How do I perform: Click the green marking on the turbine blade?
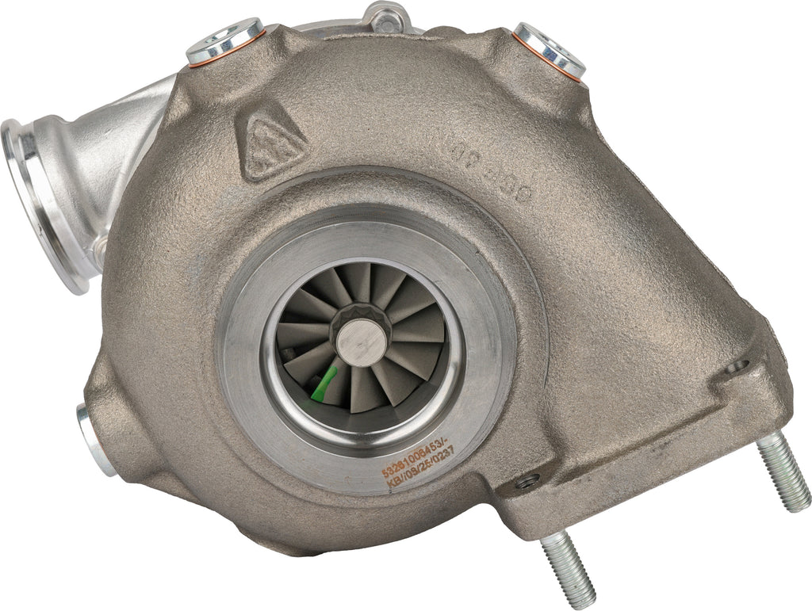(321, 383)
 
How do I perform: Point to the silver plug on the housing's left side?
(96, 438)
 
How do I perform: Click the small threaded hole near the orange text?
(523, 480)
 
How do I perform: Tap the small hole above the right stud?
(737, 366)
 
